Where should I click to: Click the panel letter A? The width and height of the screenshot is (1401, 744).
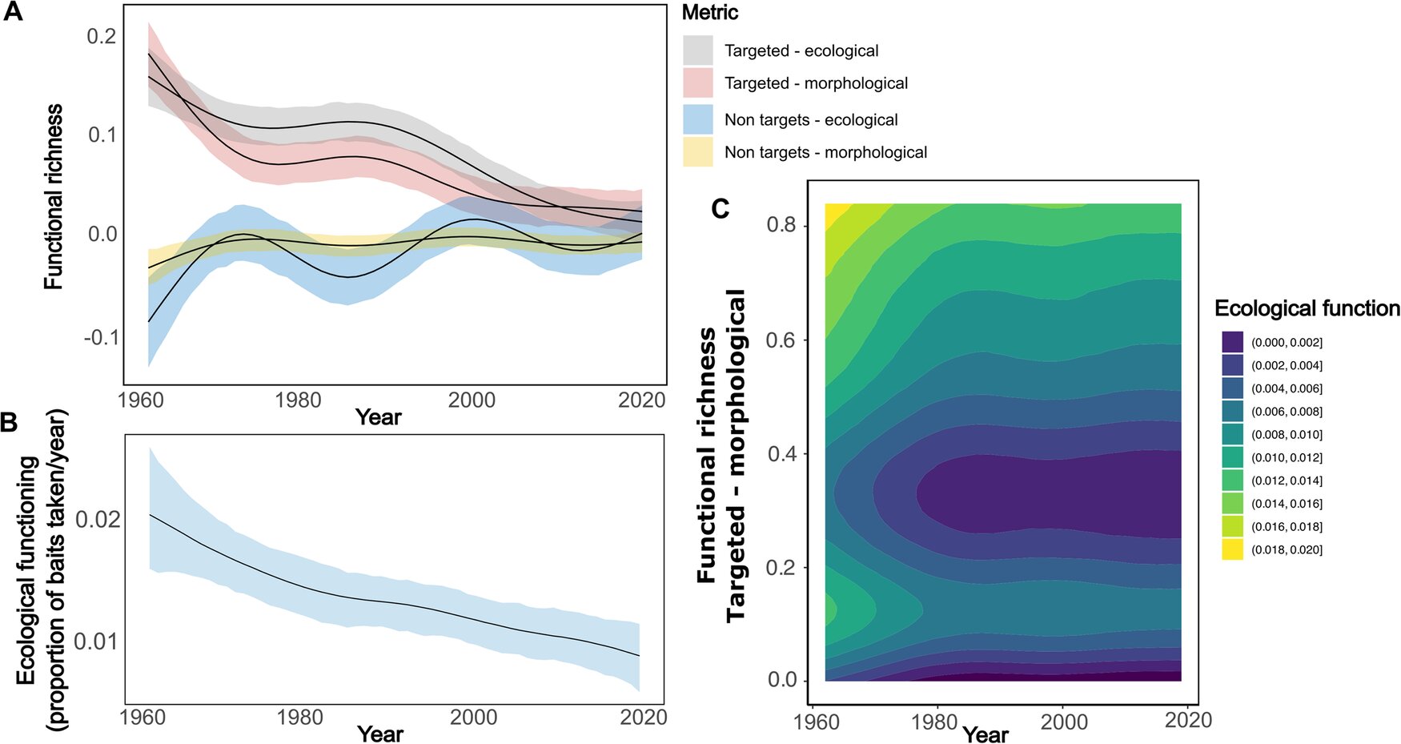pyautogui.click(x=13, y=13)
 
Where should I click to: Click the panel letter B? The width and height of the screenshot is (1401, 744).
pyautogui.click(x=9, y=422)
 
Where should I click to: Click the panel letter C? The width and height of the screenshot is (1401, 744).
pyautogui.click(x=721, y=209)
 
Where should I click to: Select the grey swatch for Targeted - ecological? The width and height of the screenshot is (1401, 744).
pyautogui.click(x=697, y=50)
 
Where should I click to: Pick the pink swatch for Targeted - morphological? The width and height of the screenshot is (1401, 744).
pyautogui.click(x=697, y=83)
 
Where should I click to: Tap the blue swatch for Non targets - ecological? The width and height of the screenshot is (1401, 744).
pyautogui.click(x=697, y=119)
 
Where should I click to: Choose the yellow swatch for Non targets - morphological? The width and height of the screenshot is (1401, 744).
pyautogui.click(x=697, y=152)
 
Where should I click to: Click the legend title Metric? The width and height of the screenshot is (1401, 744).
pyautogui.click(x=709, y=13)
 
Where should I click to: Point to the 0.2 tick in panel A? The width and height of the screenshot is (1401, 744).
pyautogui.click(x=102, y=36)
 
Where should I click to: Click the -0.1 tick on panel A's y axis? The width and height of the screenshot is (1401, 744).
pyautogui.click(x=102, y=338)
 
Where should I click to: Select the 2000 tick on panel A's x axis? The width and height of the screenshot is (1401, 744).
pyautogui.click(x=471, y=400)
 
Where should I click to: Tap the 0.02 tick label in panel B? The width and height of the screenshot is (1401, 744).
pyautogui.click(x=98, y=520)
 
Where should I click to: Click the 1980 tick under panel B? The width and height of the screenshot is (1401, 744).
pyautogui.click(x=299, y=718)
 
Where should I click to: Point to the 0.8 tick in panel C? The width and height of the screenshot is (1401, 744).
pyautogui.click(x=781, y=225)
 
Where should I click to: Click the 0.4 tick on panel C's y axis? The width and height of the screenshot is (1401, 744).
pyautogui.click(x=781, y=454)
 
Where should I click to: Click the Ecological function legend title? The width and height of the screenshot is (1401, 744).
pyautogui.click(x=1307, y=309)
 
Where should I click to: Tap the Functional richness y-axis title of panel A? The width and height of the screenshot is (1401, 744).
pyautogui.click(x=54, y=196)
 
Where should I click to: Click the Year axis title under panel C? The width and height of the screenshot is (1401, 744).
pyautogui.click(x=986, y=734)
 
